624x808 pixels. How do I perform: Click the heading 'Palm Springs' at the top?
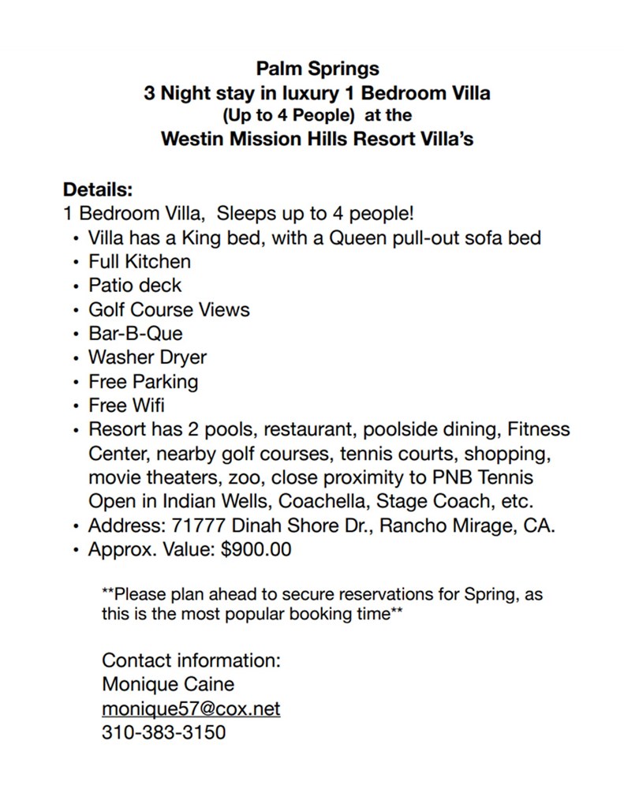(317, 69)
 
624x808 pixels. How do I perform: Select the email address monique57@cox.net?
(191, 709)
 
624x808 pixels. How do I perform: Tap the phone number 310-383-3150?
(163, 732)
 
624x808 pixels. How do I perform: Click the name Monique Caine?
(168, 684)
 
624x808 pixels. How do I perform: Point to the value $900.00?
(256, 550)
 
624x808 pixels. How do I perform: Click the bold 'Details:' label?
(98, 190)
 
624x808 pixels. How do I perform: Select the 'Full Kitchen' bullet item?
(139, 261)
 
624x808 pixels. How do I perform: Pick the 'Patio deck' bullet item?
(135, 285)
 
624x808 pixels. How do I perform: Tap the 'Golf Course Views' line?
(169, 309)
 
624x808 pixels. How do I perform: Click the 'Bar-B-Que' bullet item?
(135, 333)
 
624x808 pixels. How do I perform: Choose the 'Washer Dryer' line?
(148, 357)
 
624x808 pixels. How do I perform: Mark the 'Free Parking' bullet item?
(143, 382)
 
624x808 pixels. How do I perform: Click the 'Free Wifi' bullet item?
(126, 406)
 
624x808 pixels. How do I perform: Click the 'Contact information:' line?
(192, 660)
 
